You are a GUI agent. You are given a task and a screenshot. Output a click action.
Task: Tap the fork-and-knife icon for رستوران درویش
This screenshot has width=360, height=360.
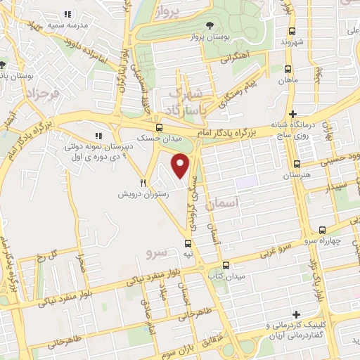tap(143, 183)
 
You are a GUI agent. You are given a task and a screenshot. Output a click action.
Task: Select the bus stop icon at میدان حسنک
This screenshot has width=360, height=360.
tap(160, 127)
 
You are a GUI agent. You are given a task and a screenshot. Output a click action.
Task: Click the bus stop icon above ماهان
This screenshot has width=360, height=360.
tap(288, 69)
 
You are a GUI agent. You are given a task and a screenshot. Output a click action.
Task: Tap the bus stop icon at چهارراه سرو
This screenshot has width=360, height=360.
tap(322, 230)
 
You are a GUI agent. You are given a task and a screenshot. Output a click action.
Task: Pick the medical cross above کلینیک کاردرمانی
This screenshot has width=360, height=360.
tap(296, 314)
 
